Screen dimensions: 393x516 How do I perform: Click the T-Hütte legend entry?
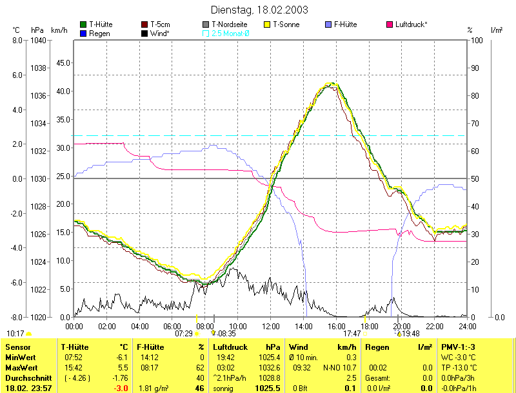coord(99,24)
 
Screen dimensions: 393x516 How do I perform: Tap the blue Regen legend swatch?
coord(83,33)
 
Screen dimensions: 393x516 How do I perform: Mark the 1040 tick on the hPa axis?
coord(38,40)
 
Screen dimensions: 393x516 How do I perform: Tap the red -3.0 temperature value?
coord(120,388)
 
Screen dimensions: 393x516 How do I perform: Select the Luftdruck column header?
coord(230,347)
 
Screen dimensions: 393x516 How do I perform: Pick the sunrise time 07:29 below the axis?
coord(183,334)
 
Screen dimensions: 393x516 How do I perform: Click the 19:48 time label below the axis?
coord(411,334)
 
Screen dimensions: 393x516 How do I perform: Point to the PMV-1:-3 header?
coord(459,347)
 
